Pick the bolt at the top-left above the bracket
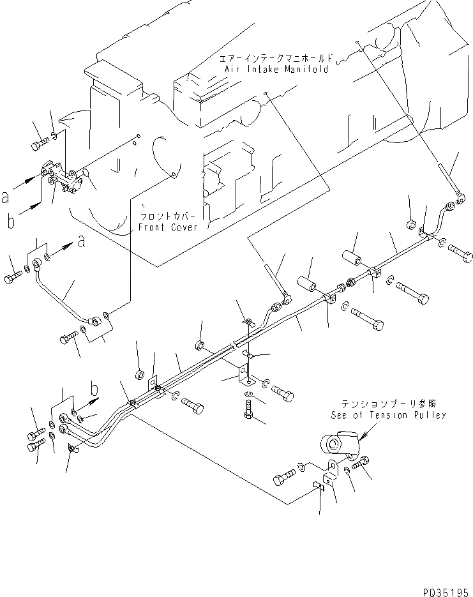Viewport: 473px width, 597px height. point(38,144)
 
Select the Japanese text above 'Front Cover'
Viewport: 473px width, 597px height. point(168,216)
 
